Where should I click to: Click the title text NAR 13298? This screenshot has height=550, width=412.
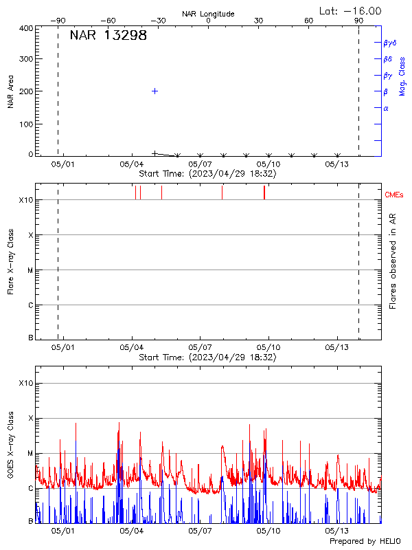tap(108, 36)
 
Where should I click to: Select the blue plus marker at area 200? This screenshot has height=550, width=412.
tap(155, 91)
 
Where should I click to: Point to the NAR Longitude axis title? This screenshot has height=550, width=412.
tap(208, 14)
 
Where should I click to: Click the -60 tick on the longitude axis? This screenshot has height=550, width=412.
tap(108, 21)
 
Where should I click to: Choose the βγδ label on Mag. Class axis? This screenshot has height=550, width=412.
tap(389, 43)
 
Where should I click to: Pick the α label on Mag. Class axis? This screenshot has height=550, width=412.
tap(386, 109)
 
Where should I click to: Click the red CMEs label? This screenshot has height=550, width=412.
tap(395, 195)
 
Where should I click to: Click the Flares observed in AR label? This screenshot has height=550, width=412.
tap(393, 261)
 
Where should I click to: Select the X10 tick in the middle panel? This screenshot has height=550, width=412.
tap(25, 200)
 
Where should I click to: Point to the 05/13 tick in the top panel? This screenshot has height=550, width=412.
tap(337, 164)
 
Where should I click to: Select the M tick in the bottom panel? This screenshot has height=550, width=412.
tap(30, 454)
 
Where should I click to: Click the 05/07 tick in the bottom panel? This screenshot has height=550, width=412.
tap(199, 531)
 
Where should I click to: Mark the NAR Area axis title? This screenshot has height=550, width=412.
tap(11, 91)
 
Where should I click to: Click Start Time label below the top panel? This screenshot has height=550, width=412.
tap(207, 174)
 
